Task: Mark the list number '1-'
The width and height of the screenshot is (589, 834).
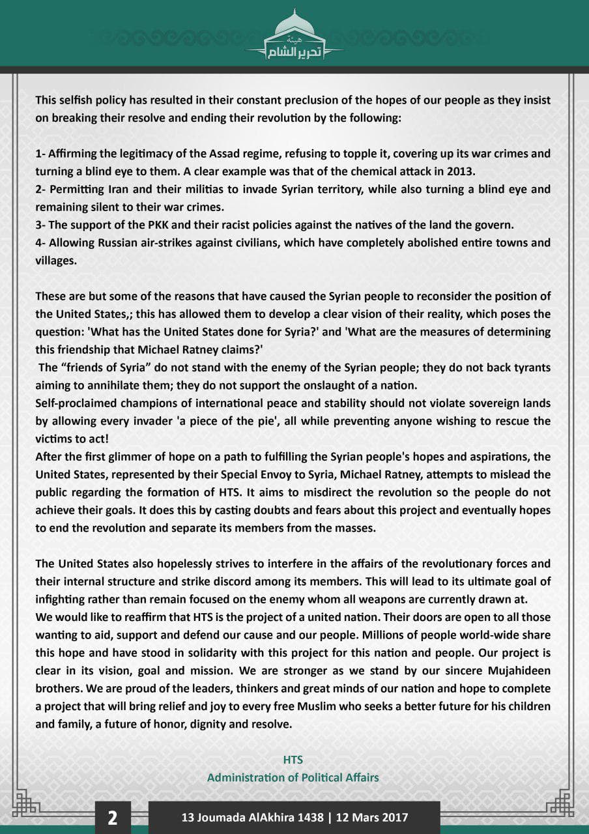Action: tap(40, 154)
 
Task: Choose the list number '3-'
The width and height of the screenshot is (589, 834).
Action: tap(40, 225)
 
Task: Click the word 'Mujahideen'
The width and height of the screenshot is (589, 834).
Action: tap(518, 670)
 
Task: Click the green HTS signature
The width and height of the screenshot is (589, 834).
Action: tap(293, 760)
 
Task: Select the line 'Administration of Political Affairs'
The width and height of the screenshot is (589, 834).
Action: tap(293, 777)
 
